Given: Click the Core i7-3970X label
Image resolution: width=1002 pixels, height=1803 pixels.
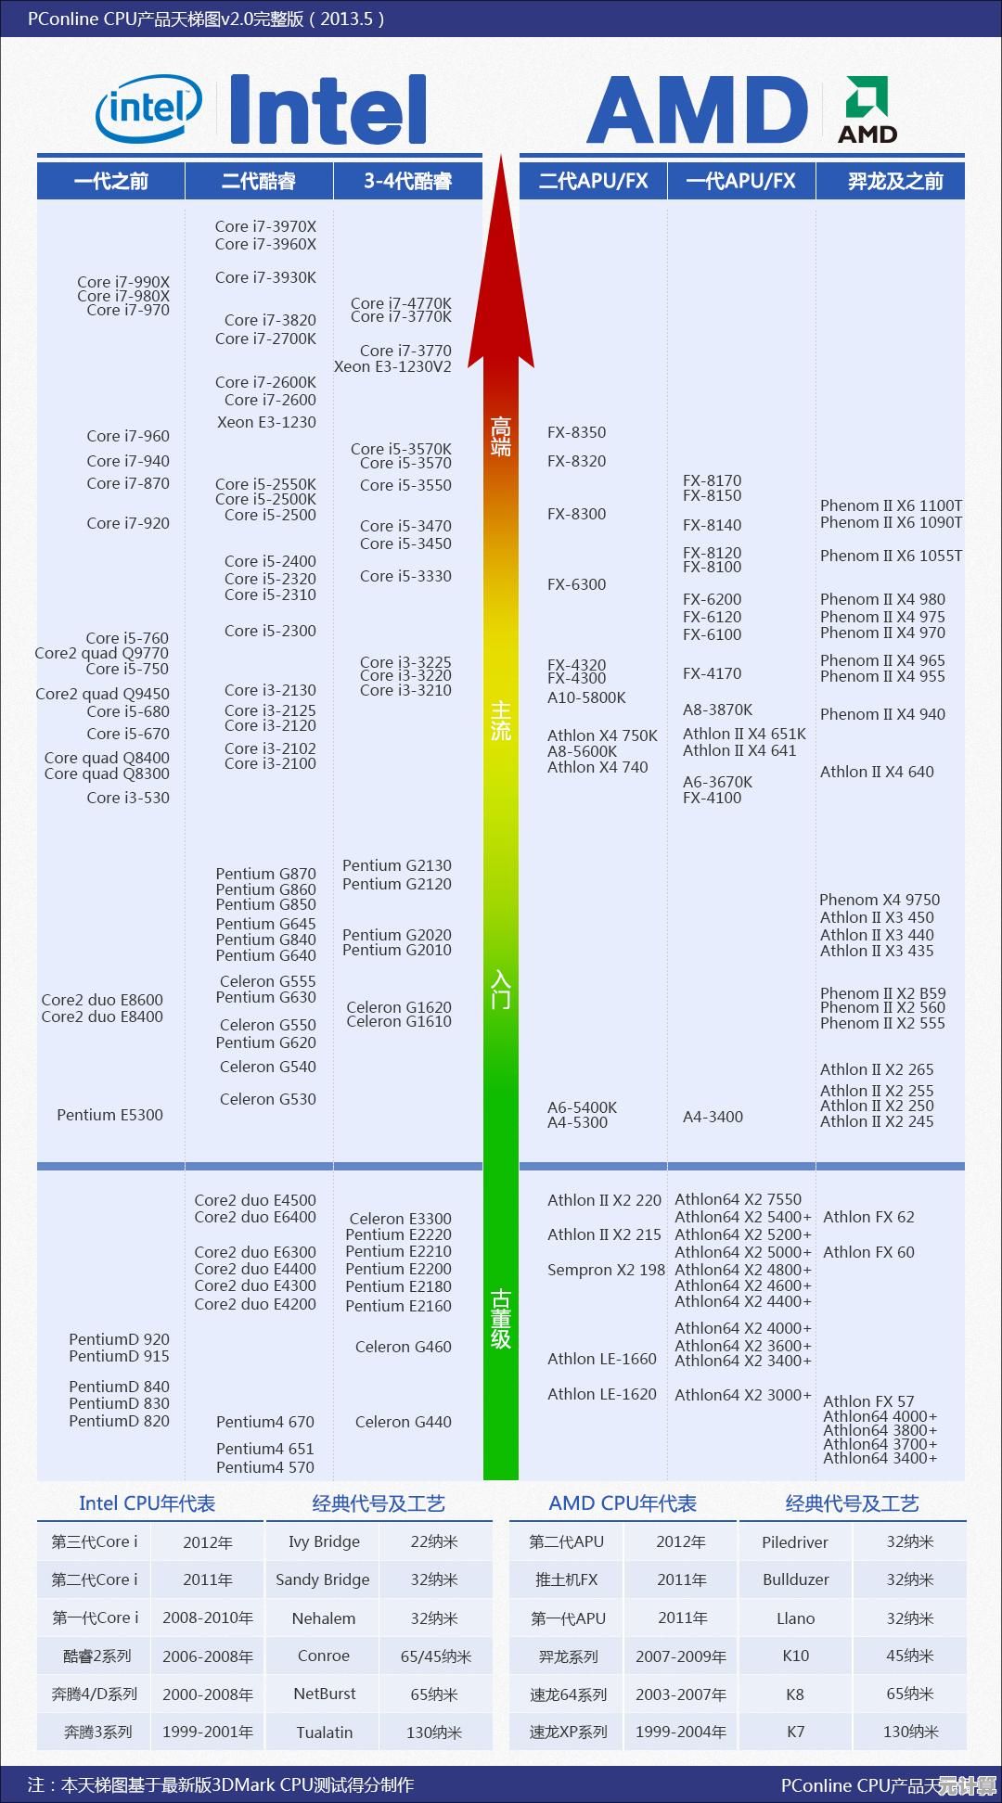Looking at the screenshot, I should (265, 226).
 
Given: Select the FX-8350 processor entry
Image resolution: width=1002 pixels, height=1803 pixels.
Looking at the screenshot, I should (576, 432).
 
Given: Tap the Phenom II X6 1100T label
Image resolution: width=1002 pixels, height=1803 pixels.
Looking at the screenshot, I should (891, 505).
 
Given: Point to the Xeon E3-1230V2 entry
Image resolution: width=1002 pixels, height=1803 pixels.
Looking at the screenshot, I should (392, 366).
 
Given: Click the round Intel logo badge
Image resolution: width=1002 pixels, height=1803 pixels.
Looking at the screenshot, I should (148, 109).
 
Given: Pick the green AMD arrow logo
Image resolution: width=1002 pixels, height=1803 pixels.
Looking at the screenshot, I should (867, 96).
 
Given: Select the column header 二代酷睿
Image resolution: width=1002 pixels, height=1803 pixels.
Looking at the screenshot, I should (259, 181).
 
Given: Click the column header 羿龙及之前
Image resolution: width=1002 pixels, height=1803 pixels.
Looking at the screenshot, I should (894, 181).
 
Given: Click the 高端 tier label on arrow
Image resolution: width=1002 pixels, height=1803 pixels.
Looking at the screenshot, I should (501, 437).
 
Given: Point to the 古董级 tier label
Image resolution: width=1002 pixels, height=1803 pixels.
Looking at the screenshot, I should (501, 1318).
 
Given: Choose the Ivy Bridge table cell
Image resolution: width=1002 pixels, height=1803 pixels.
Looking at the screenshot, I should (324, 1541).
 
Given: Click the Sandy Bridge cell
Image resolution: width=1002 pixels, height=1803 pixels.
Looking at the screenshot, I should (323, 1579).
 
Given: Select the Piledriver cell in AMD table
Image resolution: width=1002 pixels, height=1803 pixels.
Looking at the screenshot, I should (795, 1542).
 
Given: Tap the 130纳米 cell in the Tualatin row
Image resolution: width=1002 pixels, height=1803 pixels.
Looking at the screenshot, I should (434, 1732).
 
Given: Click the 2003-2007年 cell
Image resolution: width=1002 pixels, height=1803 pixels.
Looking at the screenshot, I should (681, 1694).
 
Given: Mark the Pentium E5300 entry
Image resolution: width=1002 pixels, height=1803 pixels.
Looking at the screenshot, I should (109, 1115).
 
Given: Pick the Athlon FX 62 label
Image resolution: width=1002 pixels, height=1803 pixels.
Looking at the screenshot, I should (868, 1217).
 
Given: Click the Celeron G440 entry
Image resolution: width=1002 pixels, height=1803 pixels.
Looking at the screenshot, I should (403, 1422).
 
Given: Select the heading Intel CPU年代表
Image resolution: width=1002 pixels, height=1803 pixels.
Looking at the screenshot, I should (147, 1503).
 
